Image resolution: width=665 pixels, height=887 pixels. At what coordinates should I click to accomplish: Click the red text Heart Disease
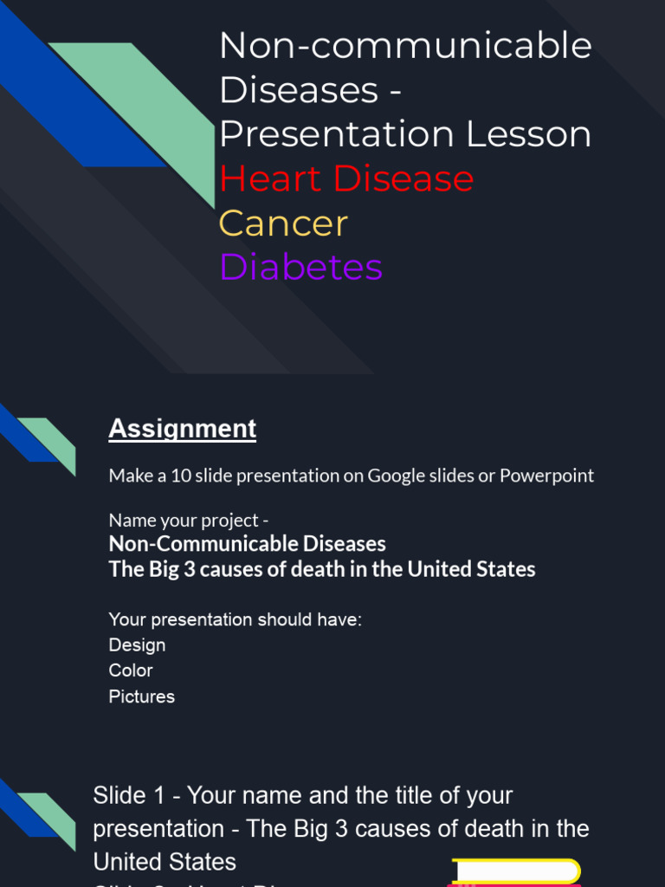[346, 179]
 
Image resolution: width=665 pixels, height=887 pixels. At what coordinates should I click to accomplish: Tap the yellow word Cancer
[283, 223]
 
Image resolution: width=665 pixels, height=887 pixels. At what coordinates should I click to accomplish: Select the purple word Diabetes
[300, 268]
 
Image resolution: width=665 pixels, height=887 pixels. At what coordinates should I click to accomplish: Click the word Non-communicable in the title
[405, 46]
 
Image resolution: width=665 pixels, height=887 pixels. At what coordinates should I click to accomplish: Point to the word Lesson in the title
[529, 135]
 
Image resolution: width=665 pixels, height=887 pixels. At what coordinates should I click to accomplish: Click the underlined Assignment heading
[182, 429]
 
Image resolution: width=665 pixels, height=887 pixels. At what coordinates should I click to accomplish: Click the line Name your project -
[189, 521]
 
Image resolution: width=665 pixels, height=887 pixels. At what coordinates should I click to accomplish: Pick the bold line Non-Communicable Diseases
[247, 544]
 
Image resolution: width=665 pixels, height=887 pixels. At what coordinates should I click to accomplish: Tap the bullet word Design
[137, 645]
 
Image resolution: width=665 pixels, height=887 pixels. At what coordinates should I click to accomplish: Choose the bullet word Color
[131, 670]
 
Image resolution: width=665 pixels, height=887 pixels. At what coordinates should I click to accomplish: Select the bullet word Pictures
[141, 696]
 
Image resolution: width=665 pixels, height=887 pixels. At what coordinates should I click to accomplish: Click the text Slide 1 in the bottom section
[129, 795]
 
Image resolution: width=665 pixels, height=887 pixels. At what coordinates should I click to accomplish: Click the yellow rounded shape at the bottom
[516, 871]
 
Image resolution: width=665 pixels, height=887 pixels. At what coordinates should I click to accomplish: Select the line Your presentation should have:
[235, 619]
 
